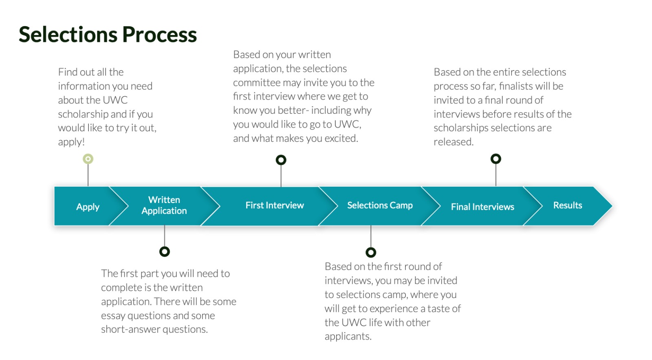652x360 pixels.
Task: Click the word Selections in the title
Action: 68,34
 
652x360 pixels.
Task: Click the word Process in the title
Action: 159,34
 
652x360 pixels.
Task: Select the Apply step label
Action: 88,207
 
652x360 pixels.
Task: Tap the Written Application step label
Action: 164,205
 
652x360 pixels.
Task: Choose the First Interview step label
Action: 275,205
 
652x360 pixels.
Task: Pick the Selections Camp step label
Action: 380,205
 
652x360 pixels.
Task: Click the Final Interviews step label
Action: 482,207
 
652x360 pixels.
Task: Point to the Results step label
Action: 568,205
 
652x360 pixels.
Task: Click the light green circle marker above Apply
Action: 88,159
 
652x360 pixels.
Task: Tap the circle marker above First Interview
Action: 281,160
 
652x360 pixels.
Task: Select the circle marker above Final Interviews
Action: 496,159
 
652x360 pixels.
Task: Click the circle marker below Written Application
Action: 165,252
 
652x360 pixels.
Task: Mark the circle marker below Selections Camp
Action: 370,252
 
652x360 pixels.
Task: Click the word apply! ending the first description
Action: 71,142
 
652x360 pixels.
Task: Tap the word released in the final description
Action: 453,142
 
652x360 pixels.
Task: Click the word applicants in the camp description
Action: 348,336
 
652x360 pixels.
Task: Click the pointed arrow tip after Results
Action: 612,206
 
